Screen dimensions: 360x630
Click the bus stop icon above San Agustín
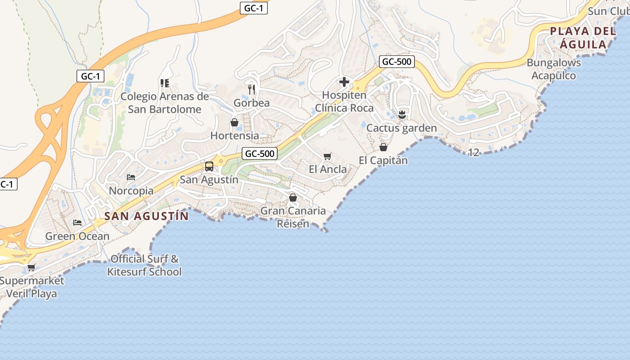coord(209,166)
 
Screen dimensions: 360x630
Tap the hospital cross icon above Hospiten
coord(344,82)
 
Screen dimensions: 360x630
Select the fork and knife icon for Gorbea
coord(252,89)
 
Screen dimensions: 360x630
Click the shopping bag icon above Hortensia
coord(234,122)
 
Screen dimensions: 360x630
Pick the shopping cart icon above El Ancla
coord(328,157)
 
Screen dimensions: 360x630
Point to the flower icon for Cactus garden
coord(402,114)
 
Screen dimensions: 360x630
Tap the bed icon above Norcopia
coord(131,177)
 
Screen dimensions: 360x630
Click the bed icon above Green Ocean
coord(77,223)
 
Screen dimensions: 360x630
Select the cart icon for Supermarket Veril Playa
coord(31,268)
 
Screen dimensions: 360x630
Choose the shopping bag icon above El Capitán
coord(383,147)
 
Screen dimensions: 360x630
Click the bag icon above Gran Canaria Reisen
coord(293,198)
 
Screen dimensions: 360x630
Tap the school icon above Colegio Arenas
coord(164,83)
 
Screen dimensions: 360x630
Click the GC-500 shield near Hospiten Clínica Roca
coord(396,62)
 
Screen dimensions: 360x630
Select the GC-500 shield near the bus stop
coord(260,153)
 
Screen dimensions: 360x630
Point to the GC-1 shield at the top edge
coord(254,8)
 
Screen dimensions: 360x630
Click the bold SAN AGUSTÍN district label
coord(147,216)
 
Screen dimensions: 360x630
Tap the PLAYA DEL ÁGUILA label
coord(583,38)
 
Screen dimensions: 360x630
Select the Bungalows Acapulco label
coord(554,69)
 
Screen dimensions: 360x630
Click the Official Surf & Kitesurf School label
coord(144,265)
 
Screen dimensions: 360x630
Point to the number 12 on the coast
coord(473,153)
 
